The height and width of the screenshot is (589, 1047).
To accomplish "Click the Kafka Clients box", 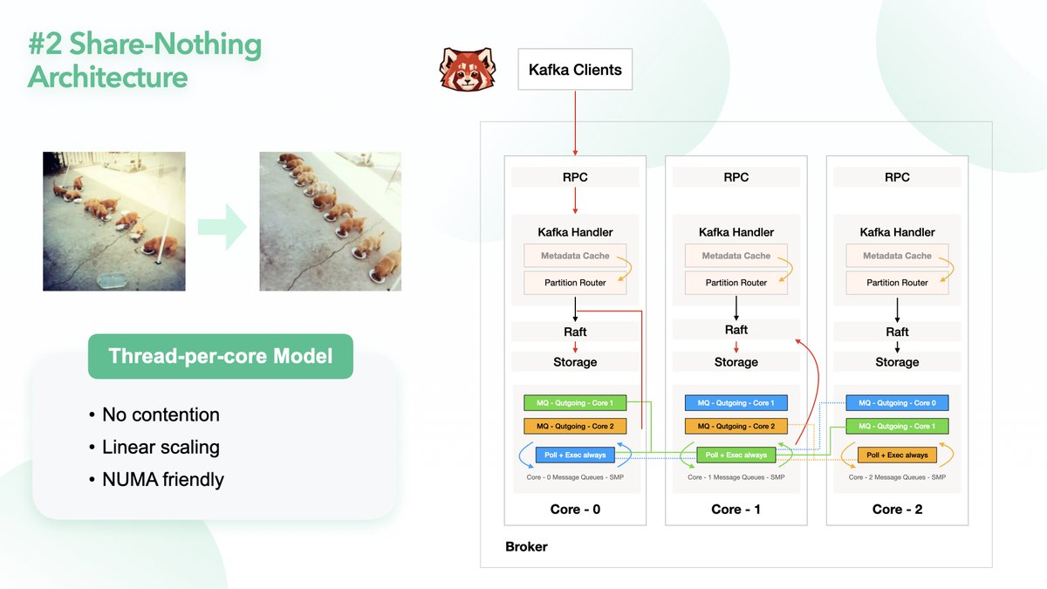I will (575, 70).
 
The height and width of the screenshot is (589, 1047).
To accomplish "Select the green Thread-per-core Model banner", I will (221, 356).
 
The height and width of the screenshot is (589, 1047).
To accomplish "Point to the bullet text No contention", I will (161, 414).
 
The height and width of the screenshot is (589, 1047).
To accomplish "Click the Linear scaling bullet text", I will (161, 448).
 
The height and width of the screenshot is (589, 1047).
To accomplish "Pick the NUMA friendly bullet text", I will (163, 479).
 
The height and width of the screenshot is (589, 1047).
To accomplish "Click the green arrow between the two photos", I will (222, 227).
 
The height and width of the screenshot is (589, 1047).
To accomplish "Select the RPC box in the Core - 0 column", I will (575, 177).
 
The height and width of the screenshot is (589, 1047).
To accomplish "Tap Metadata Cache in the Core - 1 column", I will (736, 256).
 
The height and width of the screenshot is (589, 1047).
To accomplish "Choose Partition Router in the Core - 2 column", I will (897, 283).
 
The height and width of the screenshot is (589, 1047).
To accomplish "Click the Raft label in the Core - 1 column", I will (736, 330).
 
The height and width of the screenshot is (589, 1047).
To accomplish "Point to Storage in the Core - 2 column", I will (897, 362).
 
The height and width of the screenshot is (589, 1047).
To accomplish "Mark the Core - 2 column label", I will (897, 510).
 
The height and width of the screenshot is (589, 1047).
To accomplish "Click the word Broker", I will (526, 547).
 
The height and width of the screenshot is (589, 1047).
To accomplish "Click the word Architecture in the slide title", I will (107, 77).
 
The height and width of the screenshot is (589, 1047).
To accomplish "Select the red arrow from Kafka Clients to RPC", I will (575, 122).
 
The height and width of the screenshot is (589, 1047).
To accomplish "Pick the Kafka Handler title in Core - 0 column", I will (575, 232).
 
